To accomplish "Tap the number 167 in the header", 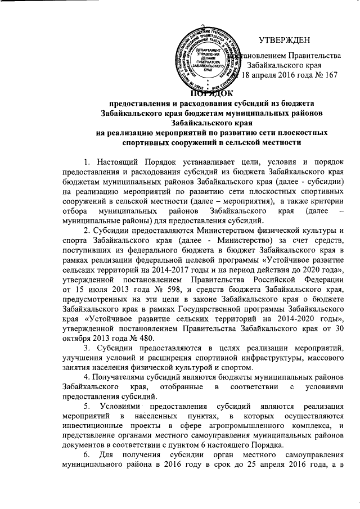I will (329, 76).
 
